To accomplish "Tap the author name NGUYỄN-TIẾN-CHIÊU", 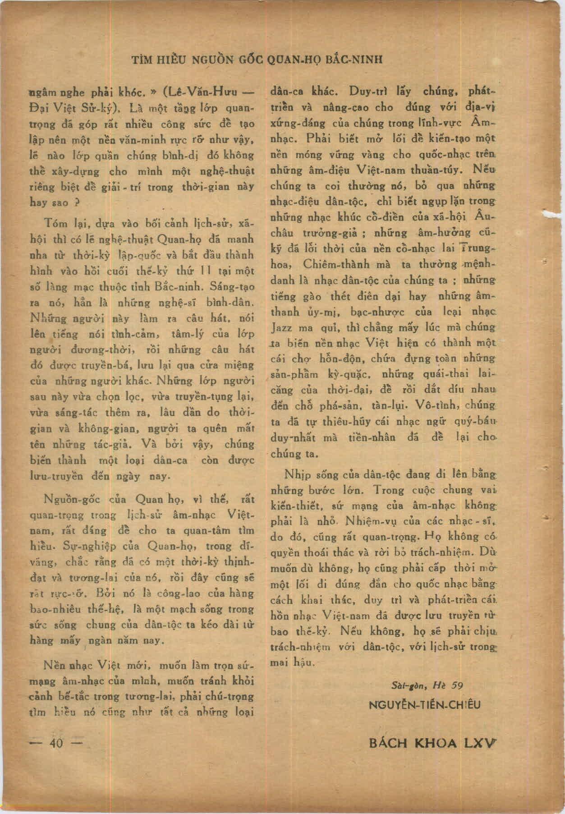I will click(x=424, y=704).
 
